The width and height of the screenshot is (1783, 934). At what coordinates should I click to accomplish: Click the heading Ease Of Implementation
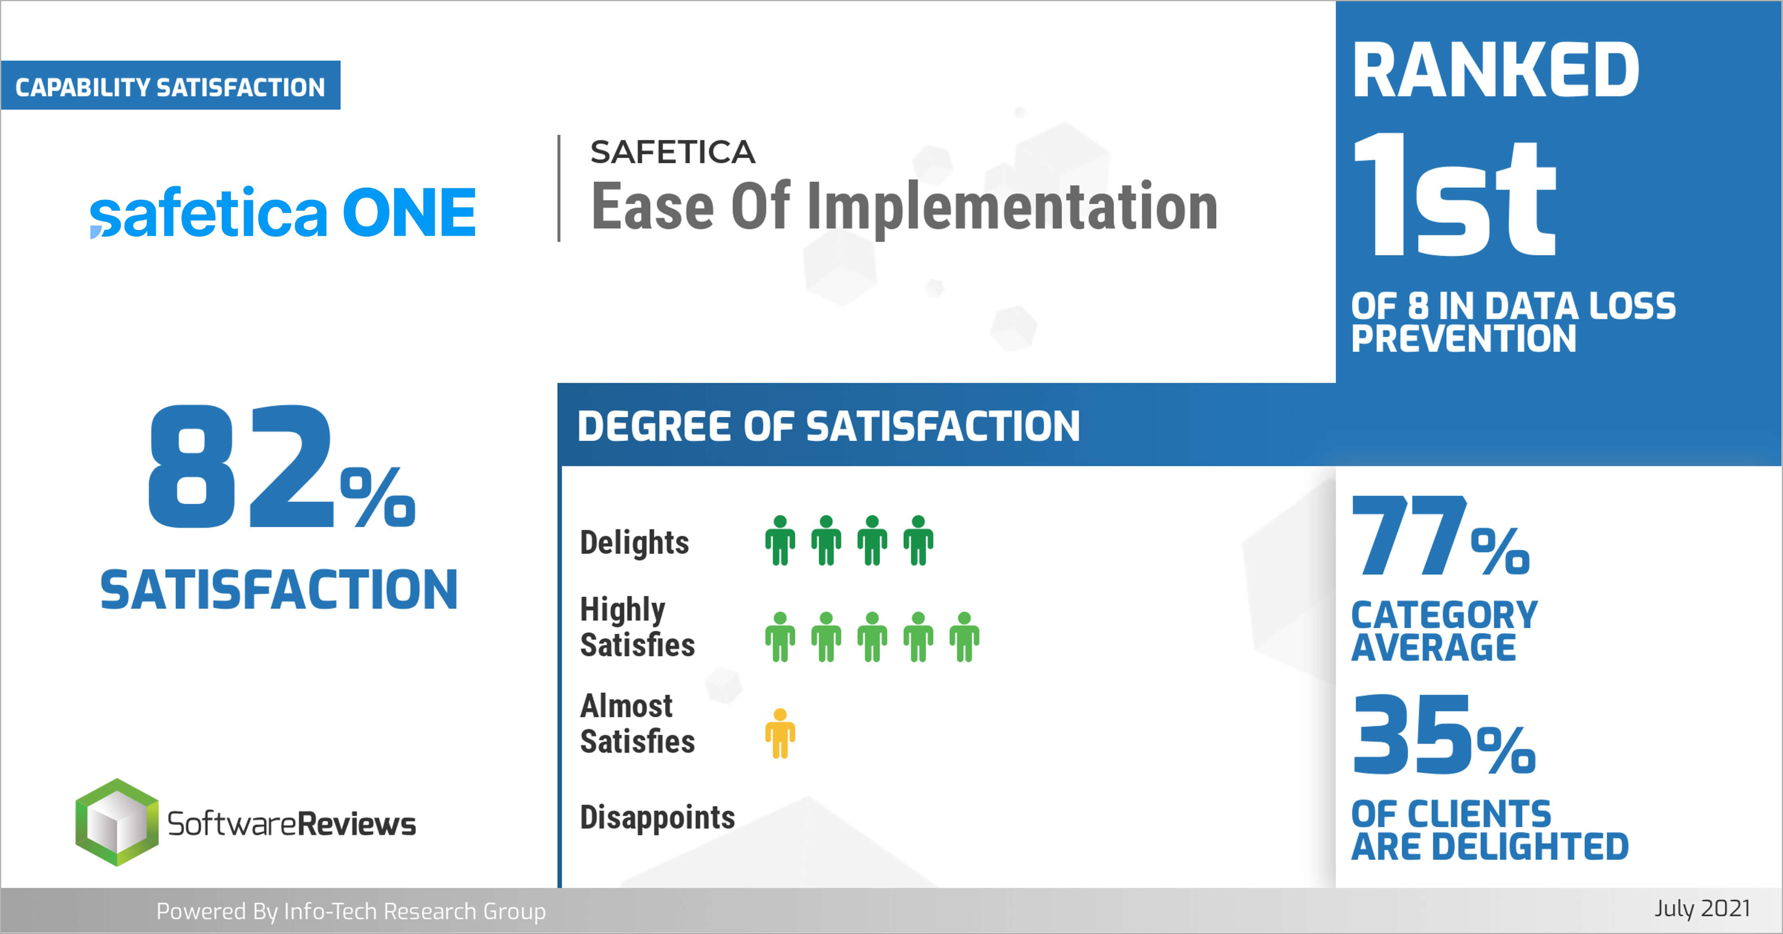(904, 207)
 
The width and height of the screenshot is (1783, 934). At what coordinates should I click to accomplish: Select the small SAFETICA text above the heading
(672, 152)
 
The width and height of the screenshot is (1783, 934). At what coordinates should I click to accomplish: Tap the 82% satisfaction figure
(281, 468)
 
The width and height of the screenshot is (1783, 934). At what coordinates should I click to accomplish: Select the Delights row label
(634, 543)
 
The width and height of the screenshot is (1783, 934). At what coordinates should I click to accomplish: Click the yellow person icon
(780, 733)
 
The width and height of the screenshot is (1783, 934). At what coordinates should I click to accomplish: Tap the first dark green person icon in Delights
(780, 540)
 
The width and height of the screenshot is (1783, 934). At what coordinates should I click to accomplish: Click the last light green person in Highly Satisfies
(964, 636)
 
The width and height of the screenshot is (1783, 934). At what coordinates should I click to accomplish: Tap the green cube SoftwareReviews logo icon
(116, 822)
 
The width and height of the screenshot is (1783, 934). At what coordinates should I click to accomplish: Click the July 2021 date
(1702, 909)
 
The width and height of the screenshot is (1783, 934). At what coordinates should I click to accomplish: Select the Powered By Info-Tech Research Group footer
(351, 911)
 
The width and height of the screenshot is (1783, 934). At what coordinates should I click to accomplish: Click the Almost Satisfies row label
(637, 724)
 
